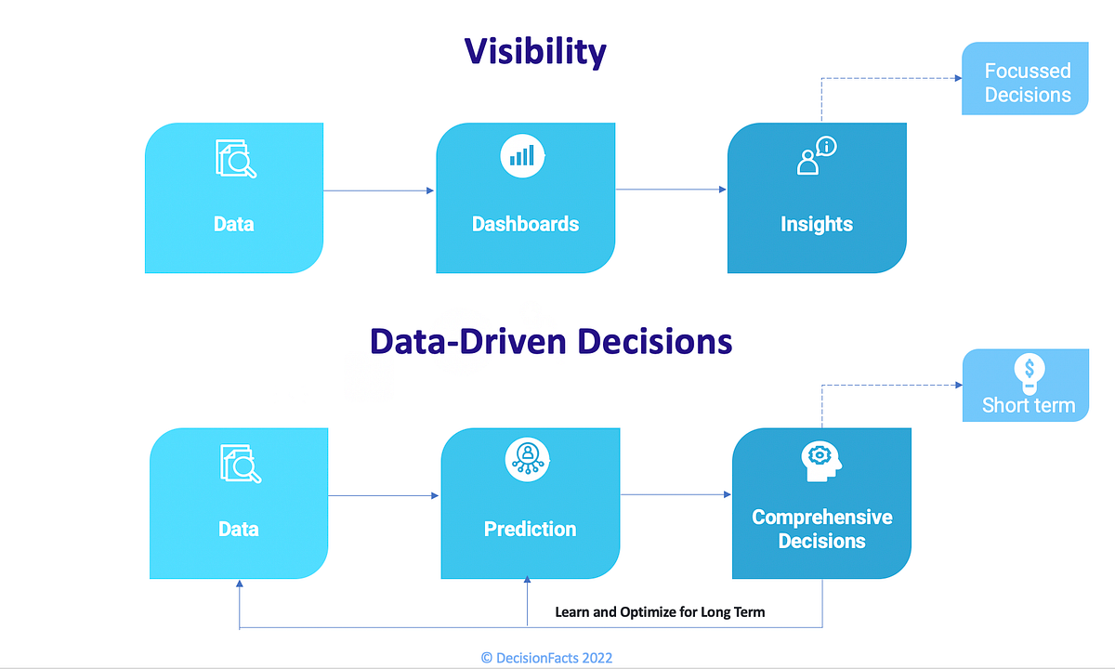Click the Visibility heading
click(x=535, y=51)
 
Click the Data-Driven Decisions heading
click(x=551, y=341)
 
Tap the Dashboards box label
click(x=525, y=224)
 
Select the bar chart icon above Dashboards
click(x=522, y=155)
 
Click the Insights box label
click(x=816, y=224)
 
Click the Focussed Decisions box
click(x=1027, y=83)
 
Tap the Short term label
click(x=1028, y=405)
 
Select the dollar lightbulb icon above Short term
click(x=1029, y=373)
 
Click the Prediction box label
click(x=530, y=529)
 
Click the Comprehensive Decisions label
click(x=821, y=529)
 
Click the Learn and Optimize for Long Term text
click(x=660, y=612)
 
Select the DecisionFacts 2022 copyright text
click(x=546, y=658)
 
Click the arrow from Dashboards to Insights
click(x=671, y=190)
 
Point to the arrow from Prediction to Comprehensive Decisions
click(x=676, y=495)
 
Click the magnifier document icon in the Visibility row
click(x=235, y=158)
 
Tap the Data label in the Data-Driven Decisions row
click(x=238, y=529)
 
